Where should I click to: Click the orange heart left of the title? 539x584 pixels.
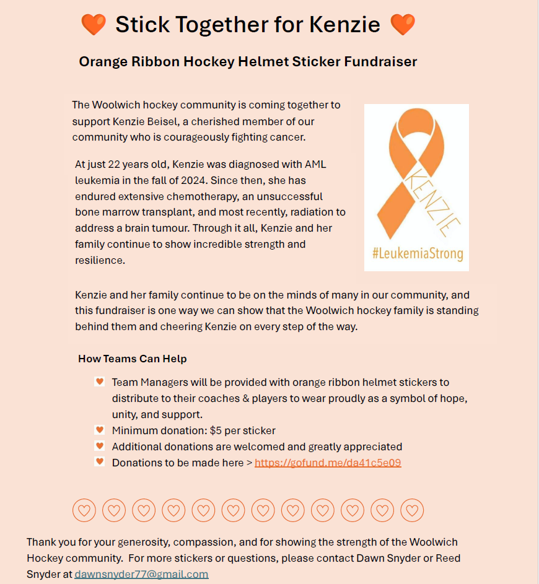click(94, 25)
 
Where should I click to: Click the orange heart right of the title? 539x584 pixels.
click(403, 25)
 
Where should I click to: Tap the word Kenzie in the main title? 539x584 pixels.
click(344, 25)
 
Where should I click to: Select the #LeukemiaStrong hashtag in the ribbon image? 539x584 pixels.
click(417, 254)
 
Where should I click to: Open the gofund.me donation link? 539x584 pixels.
click(328, 463)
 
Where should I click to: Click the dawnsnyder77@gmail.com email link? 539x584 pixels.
click(141, 574)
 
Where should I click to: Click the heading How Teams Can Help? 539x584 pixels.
click(133, 359)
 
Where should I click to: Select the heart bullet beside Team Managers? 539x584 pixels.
click(99, 382)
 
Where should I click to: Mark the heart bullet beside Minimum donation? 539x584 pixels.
click(99, 430)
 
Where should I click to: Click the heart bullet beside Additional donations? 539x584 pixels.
click(99, 446)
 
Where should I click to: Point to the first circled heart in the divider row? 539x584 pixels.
click(84, 510)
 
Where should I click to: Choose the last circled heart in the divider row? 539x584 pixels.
click(412, 510)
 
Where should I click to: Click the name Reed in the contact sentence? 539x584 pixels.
click(448, 558)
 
